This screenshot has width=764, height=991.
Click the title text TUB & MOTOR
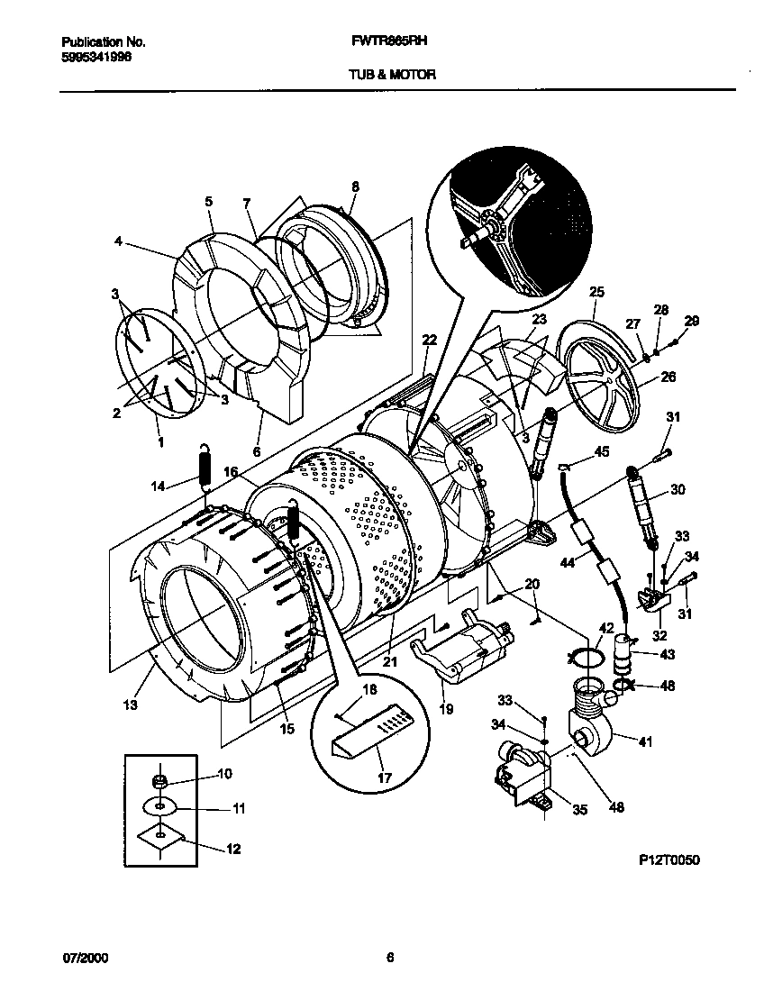point(392,76)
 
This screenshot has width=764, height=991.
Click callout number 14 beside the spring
point(159,486)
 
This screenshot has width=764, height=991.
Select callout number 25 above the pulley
point(596,291)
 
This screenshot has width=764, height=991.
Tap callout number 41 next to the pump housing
point(645,741)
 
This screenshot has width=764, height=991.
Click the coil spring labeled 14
point(205,468)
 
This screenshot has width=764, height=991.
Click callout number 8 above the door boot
point(355,186)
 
